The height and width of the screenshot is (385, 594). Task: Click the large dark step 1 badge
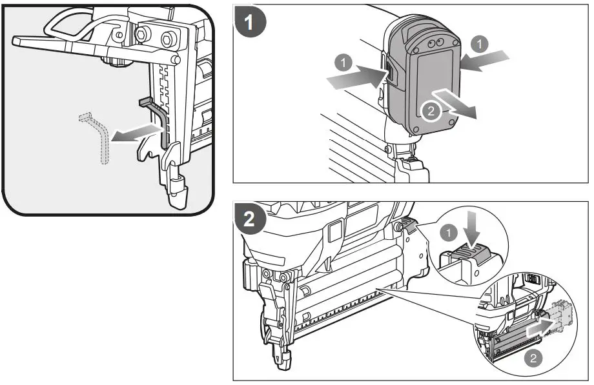click(251, 25)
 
